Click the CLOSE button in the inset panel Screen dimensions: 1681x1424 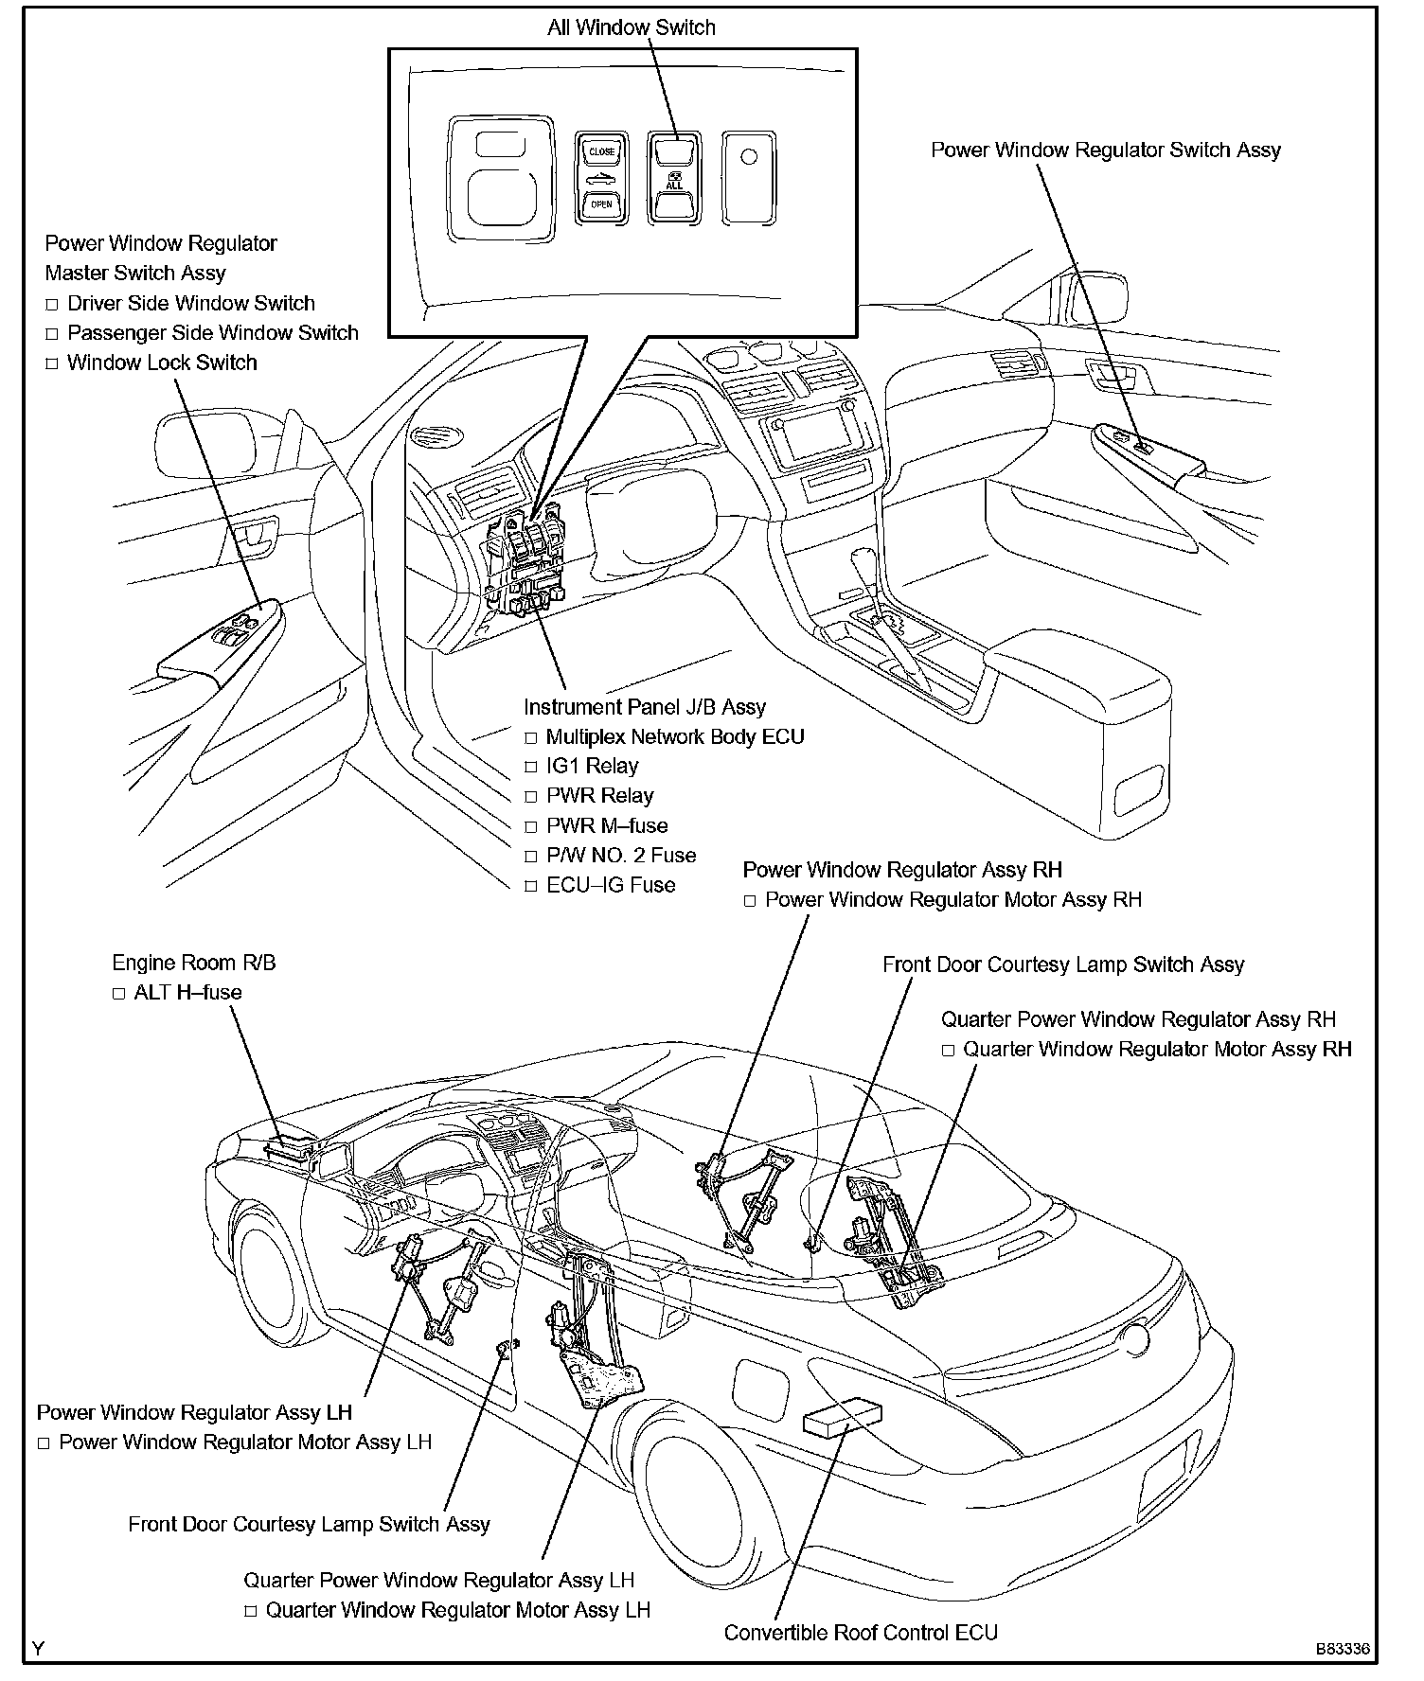tap(601, 151)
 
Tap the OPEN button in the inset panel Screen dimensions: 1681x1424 tap(601, 204)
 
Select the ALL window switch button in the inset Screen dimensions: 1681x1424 tap(674, 185)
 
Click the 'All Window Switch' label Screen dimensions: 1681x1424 tap(632, 27)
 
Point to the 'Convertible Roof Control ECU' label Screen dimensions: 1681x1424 tap(861, 1633)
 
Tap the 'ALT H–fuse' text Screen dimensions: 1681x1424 tap(187, 992)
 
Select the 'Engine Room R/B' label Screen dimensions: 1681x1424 tap(194, 963)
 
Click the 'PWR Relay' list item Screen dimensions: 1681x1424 tap(599, 795)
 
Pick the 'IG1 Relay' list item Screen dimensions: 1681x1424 tap(592, 766)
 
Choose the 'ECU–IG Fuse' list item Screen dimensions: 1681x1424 tap(611, 885)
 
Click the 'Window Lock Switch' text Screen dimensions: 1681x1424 tap(162, 363)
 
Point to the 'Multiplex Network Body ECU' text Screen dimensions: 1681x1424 tap(675, 736)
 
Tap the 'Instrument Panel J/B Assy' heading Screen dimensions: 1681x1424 tap(645, 707)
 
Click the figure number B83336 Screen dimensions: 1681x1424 tap(1342, 1648)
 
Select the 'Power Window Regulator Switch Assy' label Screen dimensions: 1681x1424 tap(1106, 150)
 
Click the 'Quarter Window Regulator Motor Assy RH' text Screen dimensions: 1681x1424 tap(1157, 1049)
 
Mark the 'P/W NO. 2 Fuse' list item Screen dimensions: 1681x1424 tap(621, 856)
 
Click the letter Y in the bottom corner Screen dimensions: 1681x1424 tap(38, 1648)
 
